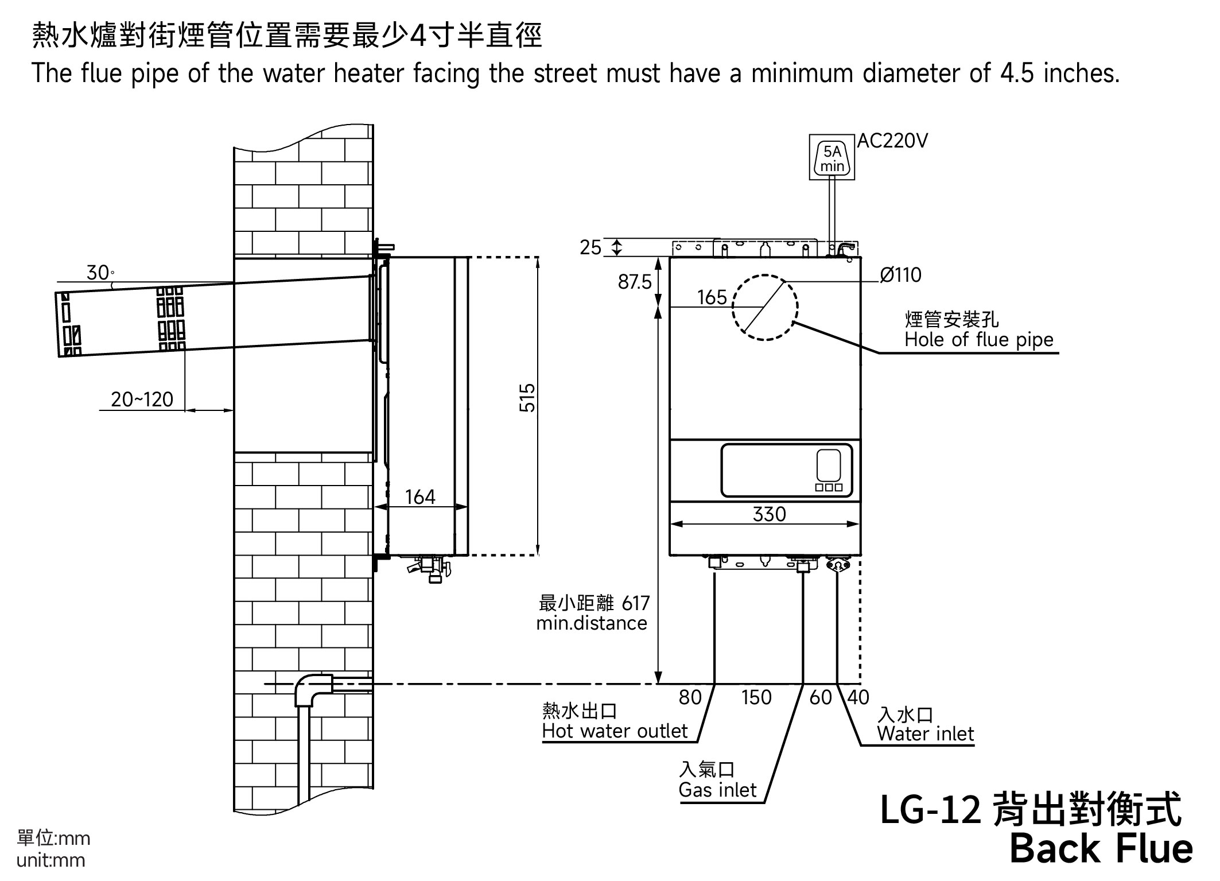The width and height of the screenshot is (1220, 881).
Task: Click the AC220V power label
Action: click(892, 141)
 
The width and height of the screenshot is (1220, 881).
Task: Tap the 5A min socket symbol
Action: click(832, 158)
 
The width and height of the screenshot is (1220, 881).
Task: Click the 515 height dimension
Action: click(527, 398)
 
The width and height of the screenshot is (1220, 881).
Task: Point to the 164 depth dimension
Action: click(420, 497)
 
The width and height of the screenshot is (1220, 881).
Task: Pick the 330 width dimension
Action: click(769, 514)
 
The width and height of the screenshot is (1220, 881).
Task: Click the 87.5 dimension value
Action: click(634, 282)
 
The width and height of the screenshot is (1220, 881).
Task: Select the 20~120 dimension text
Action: click(142, 399)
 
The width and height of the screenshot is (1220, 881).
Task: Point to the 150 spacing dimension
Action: click(756, 697)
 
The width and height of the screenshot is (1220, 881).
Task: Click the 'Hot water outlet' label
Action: click(615, 731)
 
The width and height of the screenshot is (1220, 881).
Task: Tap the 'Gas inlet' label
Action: click(717, 790)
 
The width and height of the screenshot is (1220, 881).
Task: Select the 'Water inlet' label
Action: click(925, 734)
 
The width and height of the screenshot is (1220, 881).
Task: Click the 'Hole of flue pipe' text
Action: click(979, 340)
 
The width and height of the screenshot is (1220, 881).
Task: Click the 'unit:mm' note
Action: click(51, 861)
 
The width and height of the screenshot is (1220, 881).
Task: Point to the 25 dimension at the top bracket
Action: click(590, 247)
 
